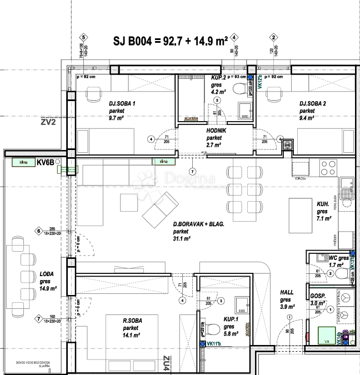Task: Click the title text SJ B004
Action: pos(132,41)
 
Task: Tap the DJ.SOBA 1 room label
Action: pos(122,103)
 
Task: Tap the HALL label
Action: pos(287,292)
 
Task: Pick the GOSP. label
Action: pos(318,296)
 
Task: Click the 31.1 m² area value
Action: pos(182,239)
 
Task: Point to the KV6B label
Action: pos(44,163)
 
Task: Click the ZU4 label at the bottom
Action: pos(165,364)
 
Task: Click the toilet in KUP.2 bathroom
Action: pos(239,89)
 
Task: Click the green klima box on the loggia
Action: pos(22,162)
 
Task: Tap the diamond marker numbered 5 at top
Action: pos(83,37)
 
